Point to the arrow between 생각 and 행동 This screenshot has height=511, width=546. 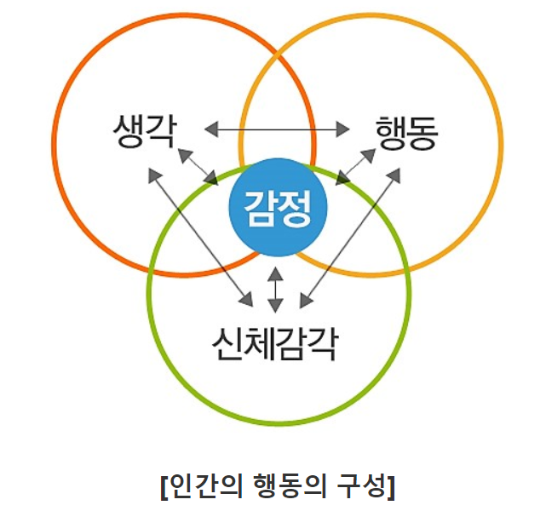[278, 129]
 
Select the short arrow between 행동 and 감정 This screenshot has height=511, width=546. [356, 165]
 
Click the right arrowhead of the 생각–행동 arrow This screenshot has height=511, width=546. [343, 129]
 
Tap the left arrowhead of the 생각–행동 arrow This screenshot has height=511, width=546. [212, 129]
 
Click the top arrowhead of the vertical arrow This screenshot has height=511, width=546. [274, 274]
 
